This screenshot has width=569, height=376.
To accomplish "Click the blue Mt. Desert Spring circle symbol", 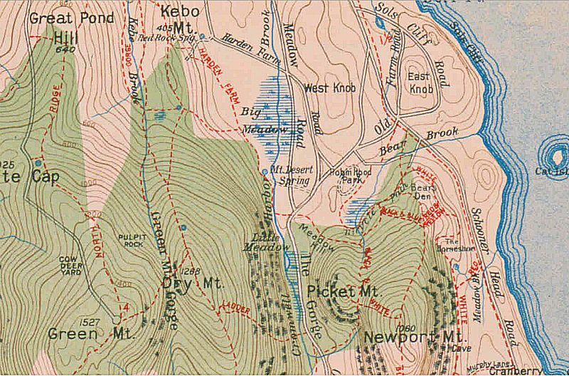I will pyautogui.click(x=265, y=172).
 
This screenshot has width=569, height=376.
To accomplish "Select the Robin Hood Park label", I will pyautogui.click(x=346, y=177).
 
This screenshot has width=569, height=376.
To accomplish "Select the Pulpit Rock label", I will pyautogui.click(x=130, y=241).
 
